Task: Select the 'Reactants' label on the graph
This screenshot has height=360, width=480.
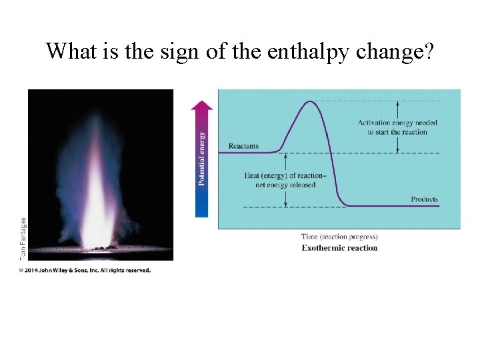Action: pos(243,146)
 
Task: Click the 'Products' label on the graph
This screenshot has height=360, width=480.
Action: pos(425,199)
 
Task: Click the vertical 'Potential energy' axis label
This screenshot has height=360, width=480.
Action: pos(203,158)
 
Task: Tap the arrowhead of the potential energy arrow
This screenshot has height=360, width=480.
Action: pos(202,104)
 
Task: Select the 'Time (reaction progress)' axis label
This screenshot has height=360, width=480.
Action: pos(339,237)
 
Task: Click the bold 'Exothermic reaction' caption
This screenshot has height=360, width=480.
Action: pos(339,248)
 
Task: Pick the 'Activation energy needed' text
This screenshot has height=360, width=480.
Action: pos(397,123)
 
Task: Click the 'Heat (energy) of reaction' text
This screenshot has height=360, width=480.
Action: pos(285,175)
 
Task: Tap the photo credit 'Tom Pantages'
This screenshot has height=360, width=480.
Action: pos(23,238)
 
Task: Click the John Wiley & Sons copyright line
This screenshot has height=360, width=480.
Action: pos(85,271)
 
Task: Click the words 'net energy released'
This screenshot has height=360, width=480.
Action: pos(285,185)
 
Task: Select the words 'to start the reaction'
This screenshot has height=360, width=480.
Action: pos(397,132)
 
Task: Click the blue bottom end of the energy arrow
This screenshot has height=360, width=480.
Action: pos(202,211)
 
